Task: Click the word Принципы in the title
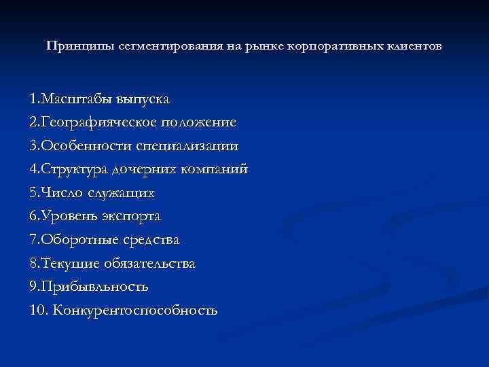(x=73, y=47)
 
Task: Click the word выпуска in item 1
(x=141, y=99)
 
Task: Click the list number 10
(x=38, y=311)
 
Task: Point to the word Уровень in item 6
(x=68, y=216)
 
